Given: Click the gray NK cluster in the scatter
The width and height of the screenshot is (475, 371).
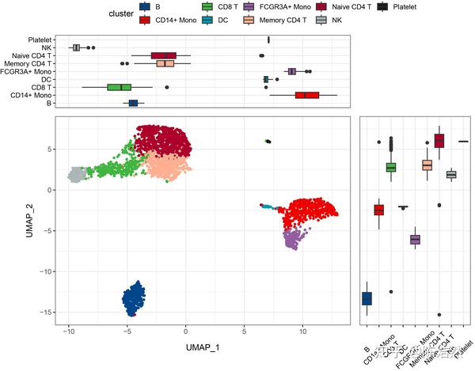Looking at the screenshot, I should [77, 175].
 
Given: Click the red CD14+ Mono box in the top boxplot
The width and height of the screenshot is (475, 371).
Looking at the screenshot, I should [306, 95].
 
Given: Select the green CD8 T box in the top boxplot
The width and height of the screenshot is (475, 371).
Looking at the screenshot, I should [120, 87].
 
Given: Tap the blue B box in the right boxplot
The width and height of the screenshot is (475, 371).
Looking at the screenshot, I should [367, 297].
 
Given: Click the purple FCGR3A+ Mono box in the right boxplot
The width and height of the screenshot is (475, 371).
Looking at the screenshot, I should [415, 239].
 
